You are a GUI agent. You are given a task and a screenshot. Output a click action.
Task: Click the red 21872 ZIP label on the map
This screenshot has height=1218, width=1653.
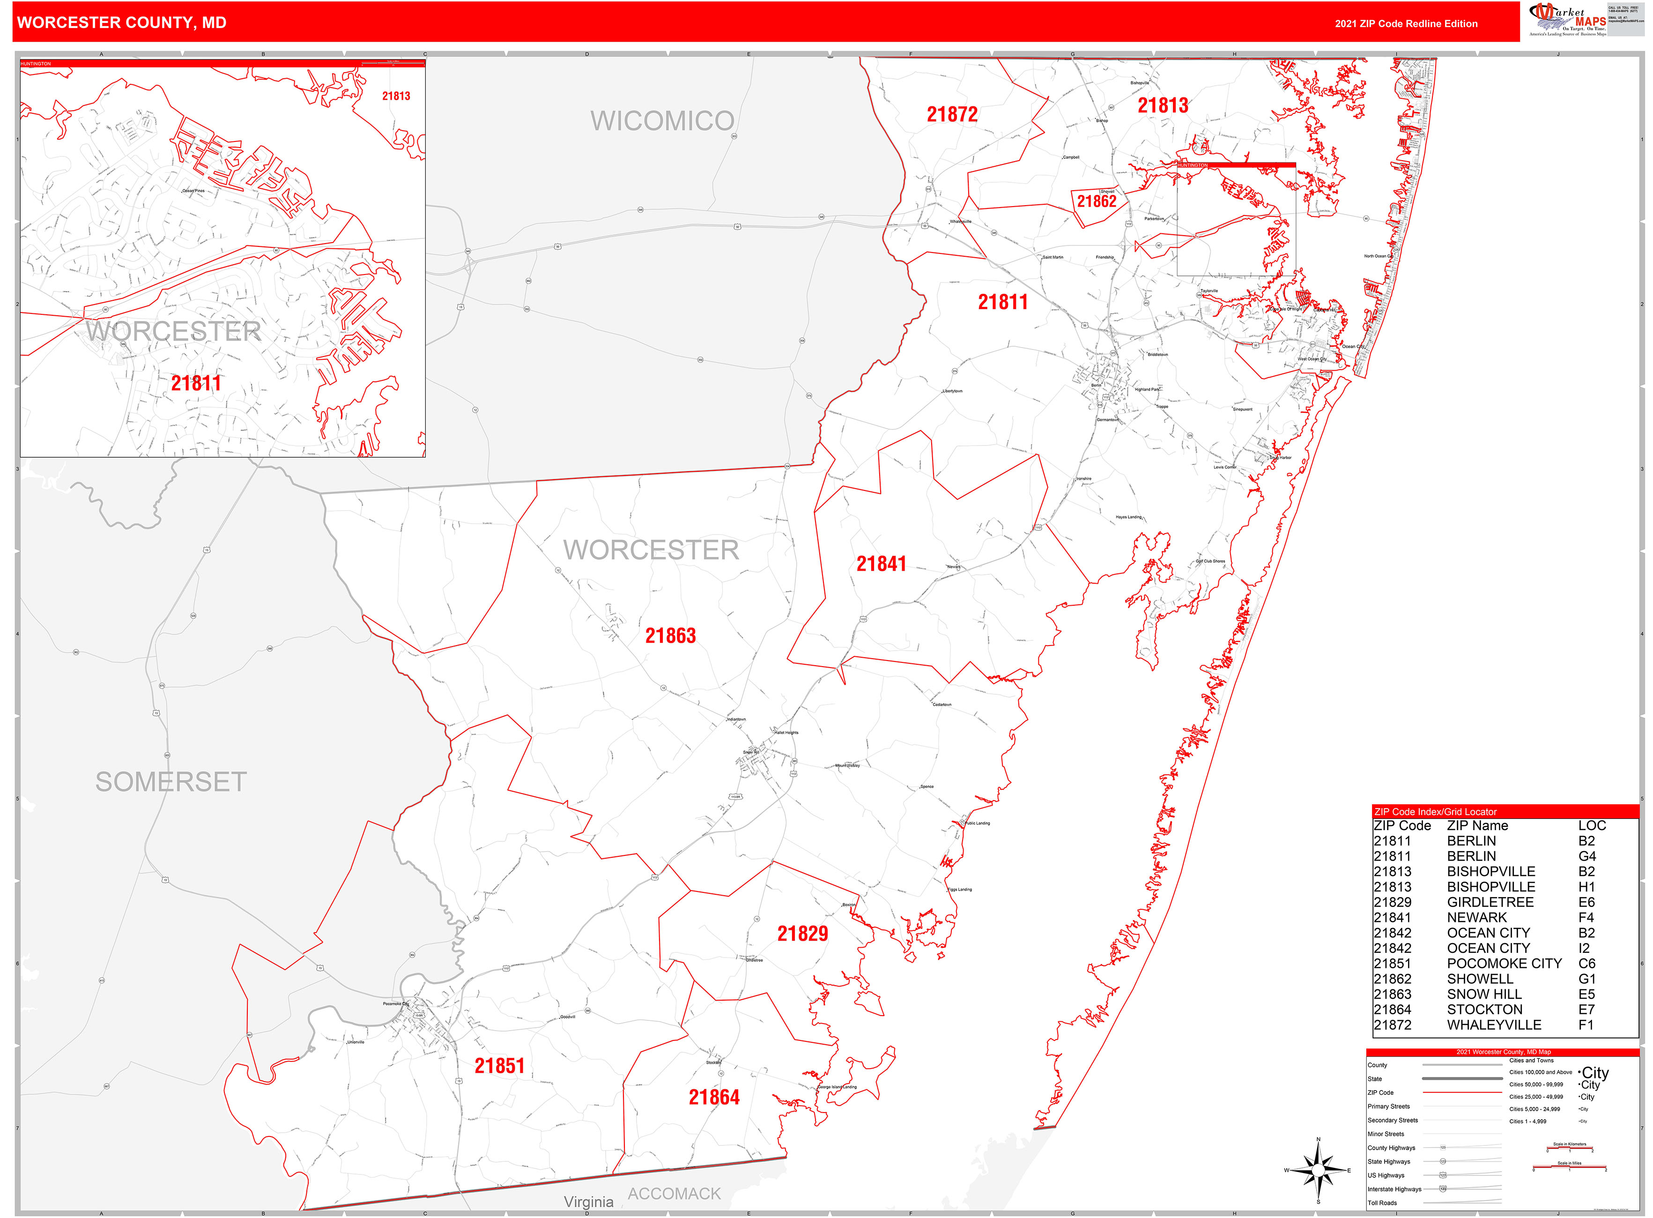click(x=952, y=114)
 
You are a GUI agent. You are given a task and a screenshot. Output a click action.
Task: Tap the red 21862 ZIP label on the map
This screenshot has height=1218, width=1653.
click(x=1097, y=201)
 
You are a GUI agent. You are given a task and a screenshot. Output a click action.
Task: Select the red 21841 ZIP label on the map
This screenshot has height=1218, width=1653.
click(x=881, y=564)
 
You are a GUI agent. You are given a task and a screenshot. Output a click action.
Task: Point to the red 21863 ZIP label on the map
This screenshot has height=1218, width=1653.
click(x=670, y=636)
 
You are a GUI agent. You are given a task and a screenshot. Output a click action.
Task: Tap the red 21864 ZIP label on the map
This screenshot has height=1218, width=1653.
click(x=714, y=1098)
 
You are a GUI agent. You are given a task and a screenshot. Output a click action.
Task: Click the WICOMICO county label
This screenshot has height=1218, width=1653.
click(x=661, y=121)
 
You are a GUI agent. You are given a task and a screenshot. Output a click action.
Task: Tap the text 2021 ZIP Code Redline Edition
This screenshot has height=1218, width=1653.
click(x=1406, y=23)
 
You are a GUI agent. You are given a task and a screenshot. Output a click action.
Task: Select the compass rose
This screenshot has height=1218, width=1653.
click(x=1318, y=1170)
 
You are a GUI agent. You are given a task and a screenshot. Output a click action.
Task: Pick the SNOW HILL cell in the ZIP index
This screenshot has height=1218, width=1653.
click(x=1484, y=995)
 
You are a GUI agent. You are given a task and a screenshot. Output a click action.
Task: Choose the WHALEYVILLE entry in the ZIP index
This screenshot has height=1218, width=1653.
click(x=1494, y=1025)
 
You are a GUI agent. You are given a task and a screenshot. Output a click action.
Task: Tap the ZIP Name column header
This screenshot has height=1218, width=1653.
click(x=1477, y=826)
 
